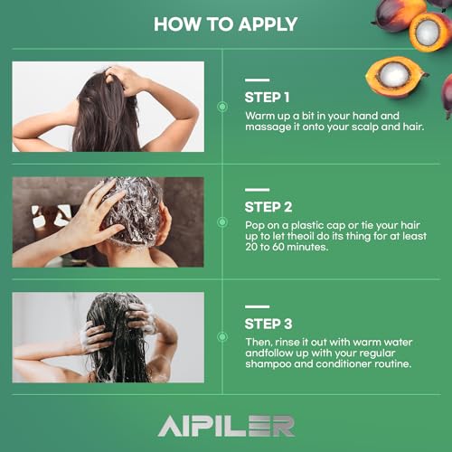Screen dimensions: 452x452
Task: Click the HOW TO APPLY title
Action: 225,24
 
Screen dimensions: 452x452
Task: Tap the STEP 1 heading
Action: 267,98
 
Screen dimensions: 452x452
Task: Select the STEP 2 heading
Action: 268,207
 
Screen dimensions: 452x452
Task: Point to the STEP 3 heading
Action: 268,324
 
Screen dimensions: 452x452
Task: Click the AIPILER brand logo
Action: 226,426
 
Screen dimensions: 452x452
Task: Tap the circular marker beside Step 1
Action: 222,107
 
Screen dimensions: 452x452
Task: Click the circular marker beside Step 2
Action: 222,222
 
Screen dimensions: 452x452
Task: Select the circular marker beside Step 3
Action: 222,336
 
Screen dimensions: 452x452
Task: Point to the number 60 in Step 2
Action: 278,247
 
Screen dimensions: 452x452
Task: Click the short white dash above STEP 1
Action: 257,80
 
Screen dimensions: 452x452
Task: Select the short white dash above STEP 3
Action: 257,306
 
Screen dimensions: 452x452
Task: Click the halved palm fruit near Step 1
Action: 395,77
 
